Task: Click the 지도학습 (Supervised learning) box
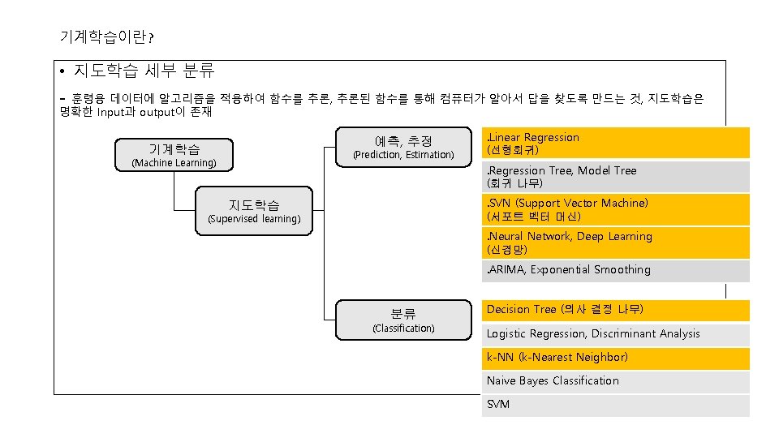[x=254, y=211]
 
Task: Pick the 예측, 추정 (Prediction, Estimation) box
[x=403, y=147]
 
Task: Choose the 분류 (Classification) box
[x=403, y=320]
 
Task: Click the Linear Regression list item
[x=615, y=144]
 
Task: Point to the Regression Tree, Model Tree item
[x=615, y=177]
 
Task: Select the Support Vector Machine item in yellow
[x=615, y=210]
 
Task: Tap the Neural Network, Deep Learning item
[x=615, y=243]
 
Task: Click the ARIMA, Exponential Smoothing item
[x=615, y=270]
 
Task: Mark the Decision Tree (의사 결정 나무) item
[x=615, y=310]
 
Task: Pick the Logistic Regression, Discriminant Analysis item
[x=615, y=333]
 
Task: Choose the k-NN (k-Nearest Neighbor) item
[x=615, y=358]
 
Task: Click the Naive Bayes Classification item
[x=615, y=381]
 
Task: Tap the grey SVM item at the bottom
[x=615, y=405]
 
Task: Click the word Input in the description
[x=113, y=112]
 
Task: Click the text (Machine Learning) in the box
[x=174, y=163]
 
